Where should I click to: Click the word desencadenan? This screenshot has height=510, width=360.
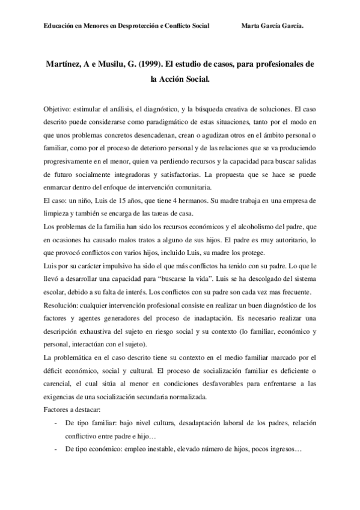click(151, 135)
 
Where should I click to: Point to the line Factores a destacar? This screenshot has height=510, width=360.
click(72, 409)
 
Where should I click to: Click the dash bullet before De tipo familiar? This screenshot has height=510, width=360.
click(56, 423)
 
